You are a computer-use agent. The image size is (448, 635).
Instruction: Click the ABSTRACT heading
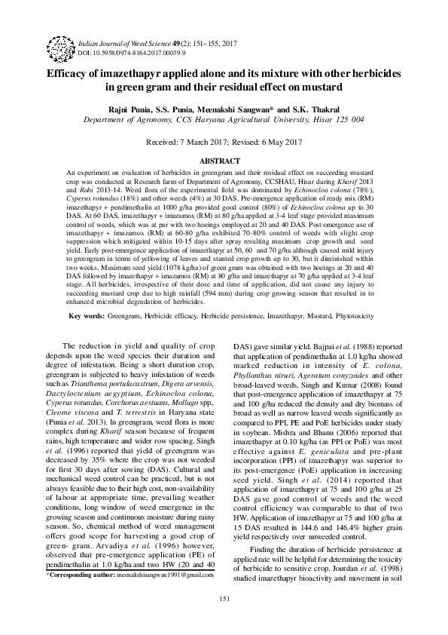click(x=224, y=161)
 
